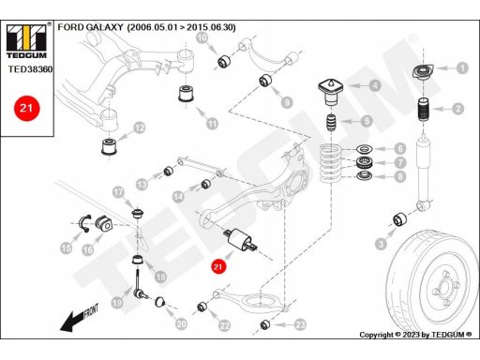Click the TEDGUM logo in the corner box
click(26, 40)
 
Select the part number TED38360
click(30, 69)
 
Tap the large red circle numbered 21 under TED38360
click(26, 108)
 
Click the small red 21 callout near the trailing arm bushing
click(217, 266)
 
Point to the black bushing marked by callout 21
click(241, 240)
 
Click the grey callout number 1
click(462, 67)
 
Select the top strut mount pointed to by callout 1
click(423, 72)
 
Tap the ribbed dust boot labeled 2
click(424, 111)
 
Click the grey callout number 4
click(375, 85)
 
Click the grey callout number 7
click(400, 162)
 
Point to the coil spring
click(331, 163)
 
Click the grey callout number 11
click(212, 124)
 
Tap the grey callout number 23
click(300, 325)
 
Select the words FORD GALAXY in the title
click(90, 27)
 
